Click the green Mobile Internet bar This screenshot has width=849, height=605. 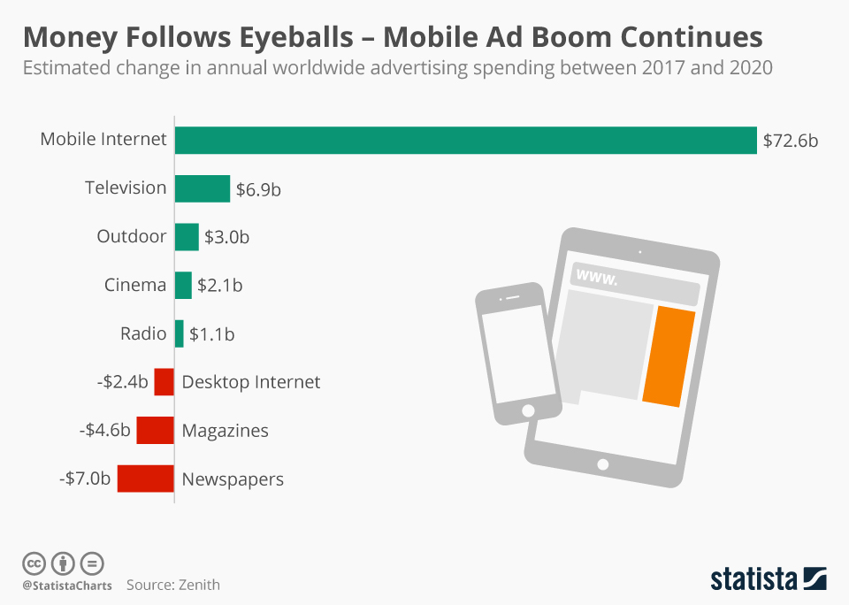465,140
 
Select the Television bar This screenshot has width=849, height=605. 203,188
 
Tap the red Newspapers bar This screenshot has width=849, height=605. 145,479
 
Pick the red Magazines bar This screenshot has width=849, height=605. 155,431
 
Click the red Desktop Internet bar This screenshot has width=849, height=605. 164,382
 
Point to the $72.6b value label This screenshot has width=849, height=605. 791,141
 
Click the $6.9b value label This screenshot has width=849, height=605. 259,189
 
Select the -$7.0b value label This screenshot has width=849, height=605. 85,479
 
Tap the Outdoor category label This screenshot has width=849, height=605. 132,237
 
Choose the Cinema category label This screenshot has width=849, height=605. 135,285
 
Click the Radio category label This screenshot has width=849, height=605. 143,333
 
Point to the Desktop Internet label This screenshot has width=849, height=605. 251,382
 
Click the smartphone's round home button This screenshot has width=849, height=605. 529,410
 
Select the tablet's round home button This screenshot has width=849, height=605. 603,464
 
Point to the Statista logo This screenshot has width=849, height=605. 769,578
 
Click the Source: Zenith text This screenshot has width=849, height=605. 173,585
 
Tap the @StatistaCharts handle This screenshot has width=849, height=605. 67,586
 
